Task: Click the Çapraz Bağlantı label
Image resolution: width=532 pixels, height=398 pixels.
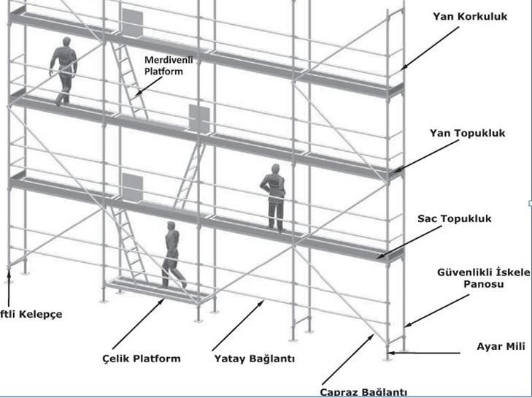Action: point(363,392)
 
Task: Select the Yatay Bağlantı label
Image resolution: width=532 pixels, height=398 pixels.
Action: point(255,359)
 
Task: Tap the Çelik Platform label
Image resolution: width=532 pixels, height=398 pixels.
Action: point(142,359)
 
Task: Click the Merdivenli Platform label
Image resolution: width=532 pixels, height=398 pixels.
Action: point(163,65)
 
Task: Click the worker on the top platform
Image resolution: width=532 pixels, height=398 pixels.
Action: point(63,70)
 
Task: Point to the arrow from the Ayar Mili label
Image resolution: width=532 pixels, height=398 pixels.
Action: point(423,353)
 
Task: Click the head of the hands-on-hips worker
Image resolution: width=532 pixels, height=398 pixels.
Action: point(275,169)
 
